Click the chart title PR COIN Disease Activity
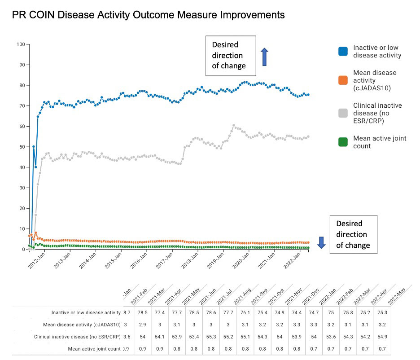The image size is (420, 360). [x=148, y=15]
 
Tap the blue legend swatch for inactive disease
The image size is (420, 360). [x=343, y=52]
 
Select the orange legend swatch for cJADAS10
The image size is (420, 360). [x=343, y=80]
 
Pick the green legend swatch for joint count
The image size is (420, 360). [x=343, y=142]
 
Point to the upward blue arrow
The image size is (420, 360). [x=264, y=57]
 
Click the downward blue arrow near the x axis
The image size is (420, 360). [x=321, y=242]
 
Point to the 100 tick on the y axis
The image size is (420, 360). [x=21, y=44]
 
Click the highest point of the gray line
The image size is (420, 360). [x=234, y=125]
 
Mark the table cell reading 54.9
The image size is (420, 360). [x=382, y=336]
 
